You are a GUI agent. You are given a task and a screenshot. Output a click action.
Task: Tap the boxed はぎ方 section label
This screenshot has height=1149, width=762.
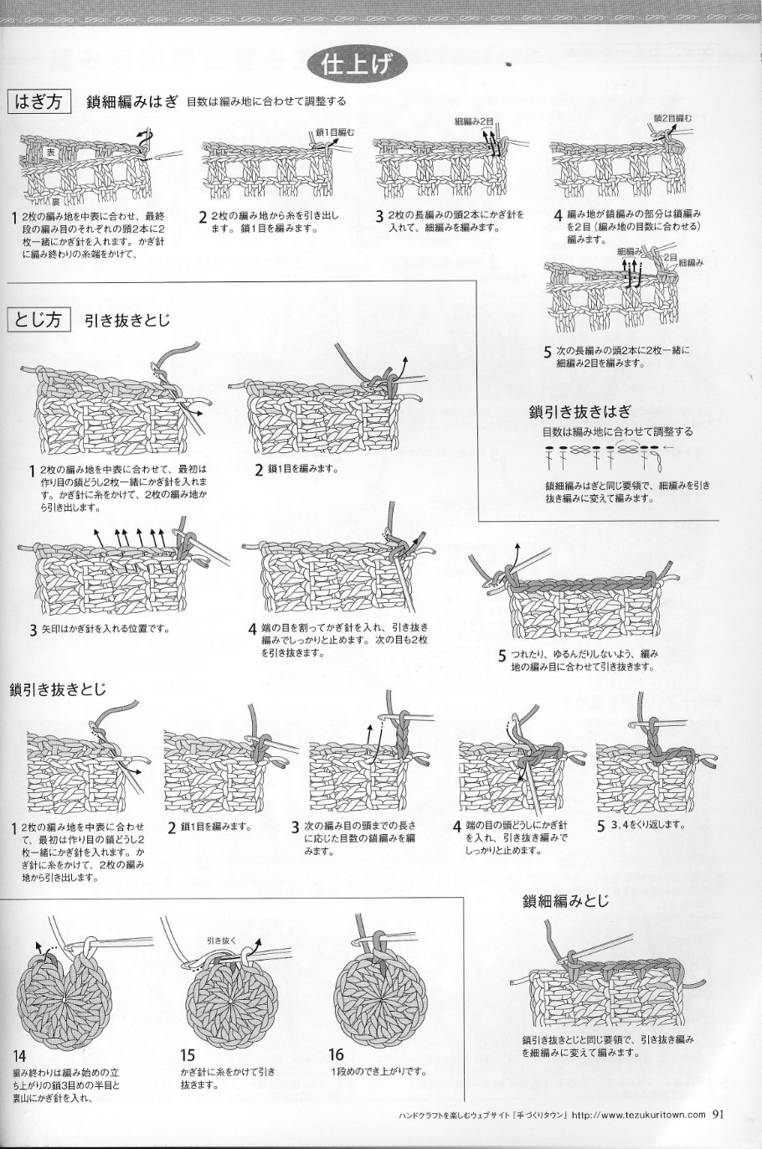click(39, 101)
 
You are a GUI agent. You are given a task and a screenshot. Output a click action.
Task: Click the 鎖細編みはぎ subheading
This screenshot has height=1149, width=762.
click(132, 101)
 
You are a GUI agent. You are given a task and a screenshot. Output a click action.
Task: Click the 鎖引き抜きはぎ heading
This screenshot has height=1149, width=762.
click(579, 411)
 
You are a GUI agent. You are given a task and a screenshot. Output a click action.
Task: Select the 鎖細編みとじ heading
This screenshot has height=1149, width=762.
click(565, 901)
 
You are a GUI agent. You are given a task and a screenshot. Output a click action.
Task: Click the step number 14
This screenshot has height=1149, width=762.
click(19, 1056)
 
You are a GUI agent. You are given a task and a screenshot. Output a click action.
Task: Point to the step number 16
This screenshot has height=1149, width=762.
click(337, 1056)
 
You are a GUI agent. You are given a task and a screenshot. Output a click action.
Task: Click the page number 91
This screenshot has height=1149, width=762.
click(720, 1114)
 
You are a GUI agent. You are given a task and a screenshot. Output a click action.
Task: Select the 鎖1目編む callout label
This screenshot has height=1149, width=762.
click(335, 131)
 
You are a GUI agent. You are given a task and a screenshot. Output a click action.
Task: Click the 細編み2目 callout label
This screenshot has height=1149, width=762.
click(474, 121)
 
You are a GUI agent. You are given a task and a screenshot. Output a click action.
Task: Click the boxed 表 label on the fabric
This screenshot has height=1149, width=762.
click(50, 152)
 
